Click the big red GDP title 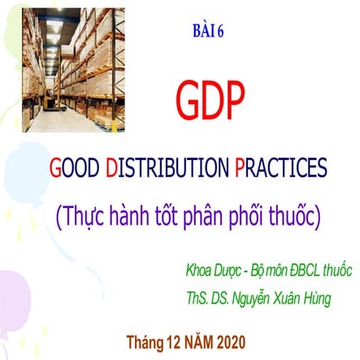[x=210, y=100]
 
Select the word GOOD [x=76, y=168]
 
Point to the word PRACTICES [x=281, y=168]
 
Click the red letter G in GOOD [x=56, y=168]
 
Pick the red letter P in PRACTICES [x=241, y=168]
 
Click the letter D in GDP [x=210, y=100]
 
